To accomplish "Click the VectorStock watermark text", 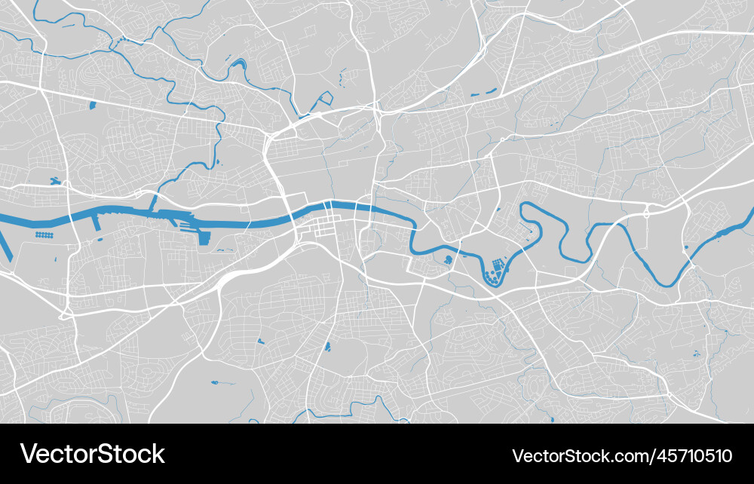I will pyautogui.click(x=92, y=454).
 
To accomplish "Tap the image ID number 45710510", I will pyautogui.click(x=622, y=455).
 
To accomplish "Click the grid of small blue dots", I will pyautogui.click(x=44, y=235).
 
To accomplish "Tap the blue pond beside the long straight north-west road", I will pyautogui.click(x=93, y=106).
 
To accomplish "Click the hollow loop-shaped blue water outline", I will pyautogui.click(x=326, y=98).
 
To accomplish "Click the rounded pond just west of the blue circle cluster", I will pyautogui.click(x=449, y=260).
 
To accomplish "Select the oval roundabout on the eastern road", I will pyautogui.click(x=647, y=215).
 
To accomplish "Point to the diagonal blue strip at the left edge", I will pyautogui.click(x=5, y=246).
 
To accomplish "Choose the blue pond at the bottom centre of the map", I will pyautogui.click(x=327, y=347).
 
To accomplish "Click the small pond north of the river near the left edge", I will pyautogui.click(x=55, y=181).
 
